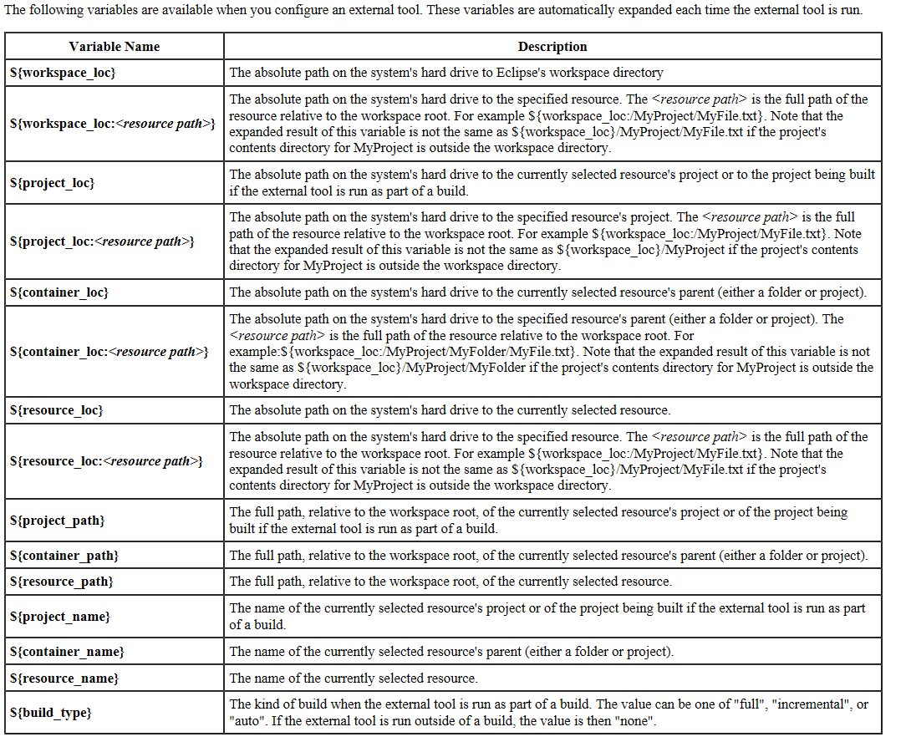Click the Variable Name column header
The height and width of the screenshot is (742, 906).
click(x=115, y=47)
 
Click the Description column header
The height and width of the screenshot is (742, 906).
click(x=552, y=47)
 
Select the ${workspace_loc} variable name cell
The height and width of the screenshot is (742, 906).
click(x=63, y=73)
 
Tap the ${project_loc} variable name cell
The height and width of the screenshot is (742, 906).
click(x=53, y=182)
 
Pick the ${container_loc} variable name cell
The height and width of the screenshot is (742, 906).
click(x=59, y=292)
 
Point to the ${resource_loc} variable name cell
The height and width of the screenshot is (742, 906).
click(x=57, y=410)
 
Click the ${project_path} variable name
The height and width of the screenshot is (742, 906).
click(x=58, y=521)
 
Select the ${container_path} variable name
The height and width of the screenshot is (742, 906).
click(x=64, y=556)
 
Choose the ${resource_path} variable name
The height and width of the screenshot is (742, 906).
click(x=62, y=582)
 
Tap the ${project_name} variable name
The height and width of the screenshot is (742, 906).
click(x=60, y=617)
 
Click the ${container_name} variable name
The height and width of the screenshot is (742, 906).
click(x=67, y=652)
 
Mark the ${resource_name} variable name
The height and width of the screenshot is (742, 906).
click(x=64, y=678)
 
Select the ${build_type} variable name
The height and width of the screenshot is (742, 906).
click(x=51, y=713)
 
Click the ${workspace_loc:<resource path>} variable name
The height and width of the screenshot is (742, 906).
click(x=113, y=124)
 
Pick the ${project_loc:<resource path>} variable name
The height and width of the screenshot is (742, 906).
click(x=103, y=241)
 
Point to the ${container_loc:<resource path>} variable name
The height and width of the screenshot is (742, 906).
click(x=109, y=351)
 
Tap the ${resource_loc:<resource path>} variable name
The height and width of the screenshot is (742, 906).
click(x=107, y=461)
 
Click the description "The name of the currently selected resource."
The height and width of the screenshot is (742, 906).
click(x=354, y=678)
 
